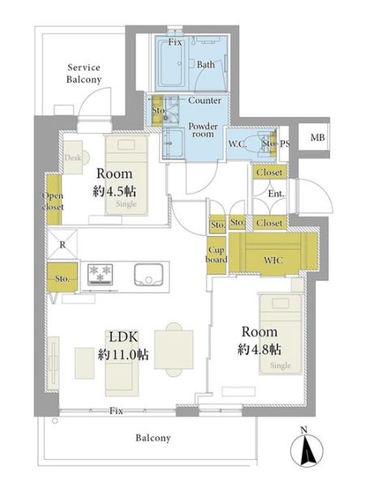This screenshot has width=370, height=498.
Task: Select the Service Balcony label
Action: pos(84,73)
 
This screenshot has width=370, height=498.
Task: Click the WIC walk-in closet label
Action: pos(273,260)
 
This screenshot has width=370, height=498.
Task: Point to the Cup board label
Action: pos(217,255)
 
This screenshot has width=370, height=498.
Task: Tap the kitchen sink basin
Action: pos(148,274)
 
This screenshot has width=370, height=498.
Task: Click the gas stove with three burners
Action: pos(100,274)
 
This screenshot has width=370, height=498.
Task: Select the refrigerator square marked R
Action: pos(62,244)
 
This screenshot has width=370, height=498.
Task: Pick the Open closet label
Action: pos(53,201)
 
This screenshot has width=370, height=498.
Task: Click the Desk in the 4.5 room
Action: pos(73,157)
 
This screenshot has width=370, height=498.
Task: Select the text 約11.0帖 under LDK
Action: pos(123,354)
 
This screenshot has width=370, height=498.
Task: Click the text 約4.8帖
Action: pos(260,350)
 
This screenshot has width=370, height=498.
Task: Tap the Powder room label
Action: pos(203,130)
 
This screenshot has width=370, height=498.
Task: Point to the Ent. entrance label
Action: pos(276,193)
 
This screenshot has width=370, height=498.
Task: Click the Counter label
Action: pos(204,101)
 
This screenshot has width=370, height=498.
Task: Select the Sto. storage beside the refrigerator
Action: pos(62,277)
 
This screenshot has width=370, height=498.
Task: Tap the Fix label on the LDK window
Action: pos(116,410)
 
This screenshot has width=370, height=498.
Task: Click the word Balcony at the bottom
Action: pos(153,438)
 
